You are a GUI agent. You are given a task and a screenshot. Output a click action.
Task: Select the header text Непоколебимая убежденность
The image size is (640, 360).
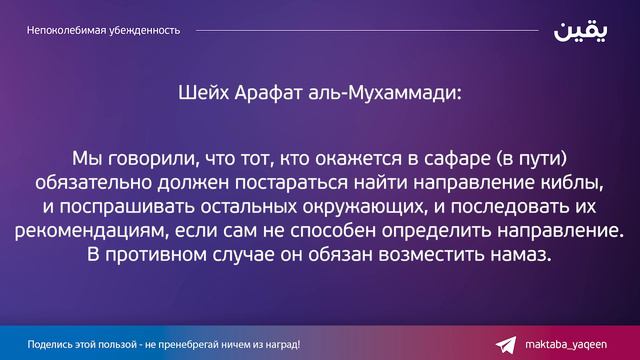tap(104, 30)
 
